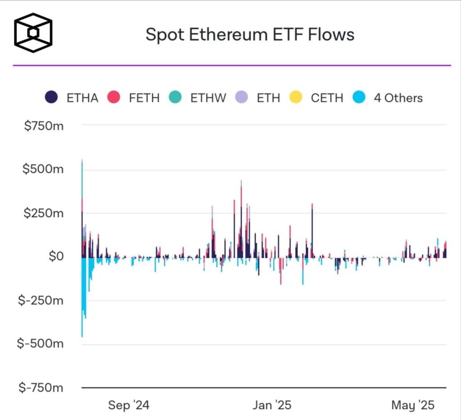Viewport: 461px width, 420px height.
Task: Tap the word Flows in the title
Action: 331,35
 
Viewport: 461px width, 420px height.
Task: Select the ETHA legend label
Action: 82,98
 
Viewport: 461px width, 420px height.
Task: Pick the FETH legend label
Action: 144,98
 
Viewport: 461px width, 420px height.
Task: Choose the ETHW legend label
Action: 208,98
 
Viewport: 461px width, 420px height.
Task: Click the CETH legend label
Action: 327,98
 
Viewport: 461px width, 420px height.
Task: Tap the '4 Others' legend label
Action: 398,98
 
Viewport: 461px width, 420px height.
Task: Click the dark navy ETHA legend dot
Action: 51,97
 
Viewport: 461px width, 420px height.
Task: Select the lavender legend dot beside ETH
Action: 242,97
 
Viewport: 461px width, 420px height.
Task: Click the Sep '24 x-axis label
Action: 128,405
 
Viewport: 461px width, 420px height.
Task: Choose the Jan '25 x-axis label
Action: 271,405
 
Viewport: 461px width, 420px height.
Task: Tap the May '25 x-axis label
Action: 413,405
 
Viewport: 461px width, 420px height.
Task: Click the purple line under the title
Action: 231,65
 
